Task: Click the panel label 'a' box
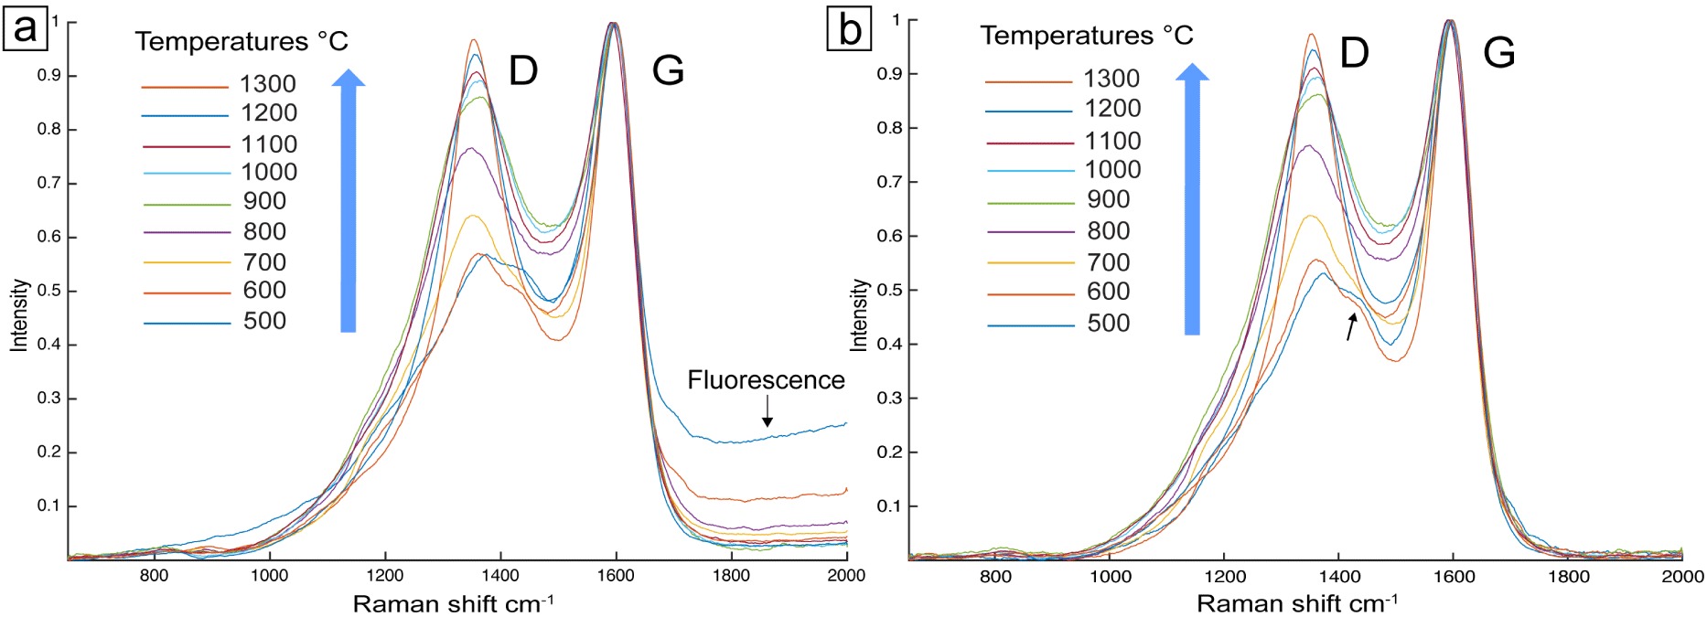25,27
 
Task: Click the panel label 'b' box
849,27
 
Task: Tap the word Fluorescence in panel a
766,380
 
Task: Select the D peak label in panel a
523,69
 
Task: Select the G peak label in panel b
1499,52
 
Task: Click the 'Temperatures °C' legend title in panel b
1087,36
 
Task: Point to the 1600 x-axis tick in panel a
616,575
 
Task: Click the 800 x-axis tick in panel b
995,576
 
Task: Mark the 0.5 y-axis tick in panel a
49,291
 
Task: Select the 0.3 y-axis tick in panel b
889,398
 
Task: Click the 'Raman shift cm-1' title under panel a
453,603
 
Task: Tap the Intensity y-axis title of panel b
859,315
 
